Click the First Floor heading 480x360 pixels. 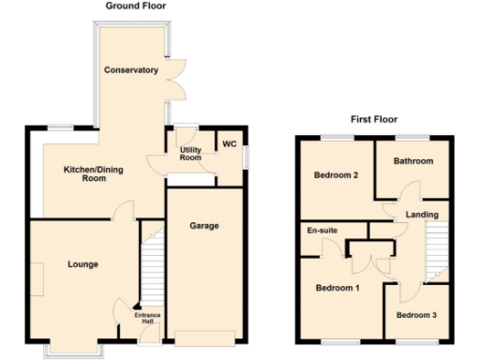pos(373,119)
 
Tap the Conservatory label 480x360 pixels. pos(131,70)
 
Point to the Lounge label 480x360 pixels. pos(82,264)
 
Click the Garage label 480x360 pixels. pos(204,226)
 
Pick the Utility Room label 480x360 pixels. pos(190,154)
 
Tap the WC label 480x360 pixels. pos(228,143)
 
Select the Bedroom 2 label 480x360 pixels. pos(335,175)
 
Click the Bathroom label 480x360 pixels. pos(413,161)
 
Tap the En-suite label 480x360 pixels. pos(322,230)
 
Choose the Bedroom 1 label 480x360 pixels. pos(337,287)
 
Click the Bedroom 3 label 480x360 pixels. pos(414,315)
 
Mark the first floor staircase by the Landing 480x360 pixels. pos(432,253)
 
